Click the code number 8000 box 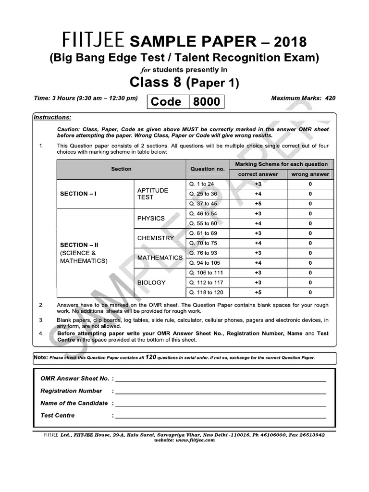(x=207, y=102)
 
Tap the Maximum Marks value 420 (x=330, y=98)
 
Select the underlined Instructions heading (x=52, y=117)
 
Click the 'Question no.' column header (x=207, y=169)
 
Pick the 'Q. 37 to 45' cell (x=203, y=204)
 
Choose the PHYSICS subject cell (x=151, y=218)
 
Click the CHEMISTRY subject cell (x=155, y=238)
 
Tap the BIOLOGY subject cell (x=151, y=283)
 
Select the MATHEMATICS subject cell (x=160, y=258)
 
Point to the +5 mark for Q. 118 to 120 (x=258, y=293)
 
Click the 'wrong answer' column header (x=310, y=174)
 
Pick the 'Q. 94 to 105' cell (x=206, y=263)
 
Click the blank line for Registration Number (x=220, y=392)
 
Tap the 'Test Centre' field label (x=58, y=415)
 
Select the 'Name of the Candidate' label (x=74, y=403)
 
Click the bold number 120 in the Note (x=151, y=357)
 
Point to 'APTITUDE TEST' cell (x=153, y=194)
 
